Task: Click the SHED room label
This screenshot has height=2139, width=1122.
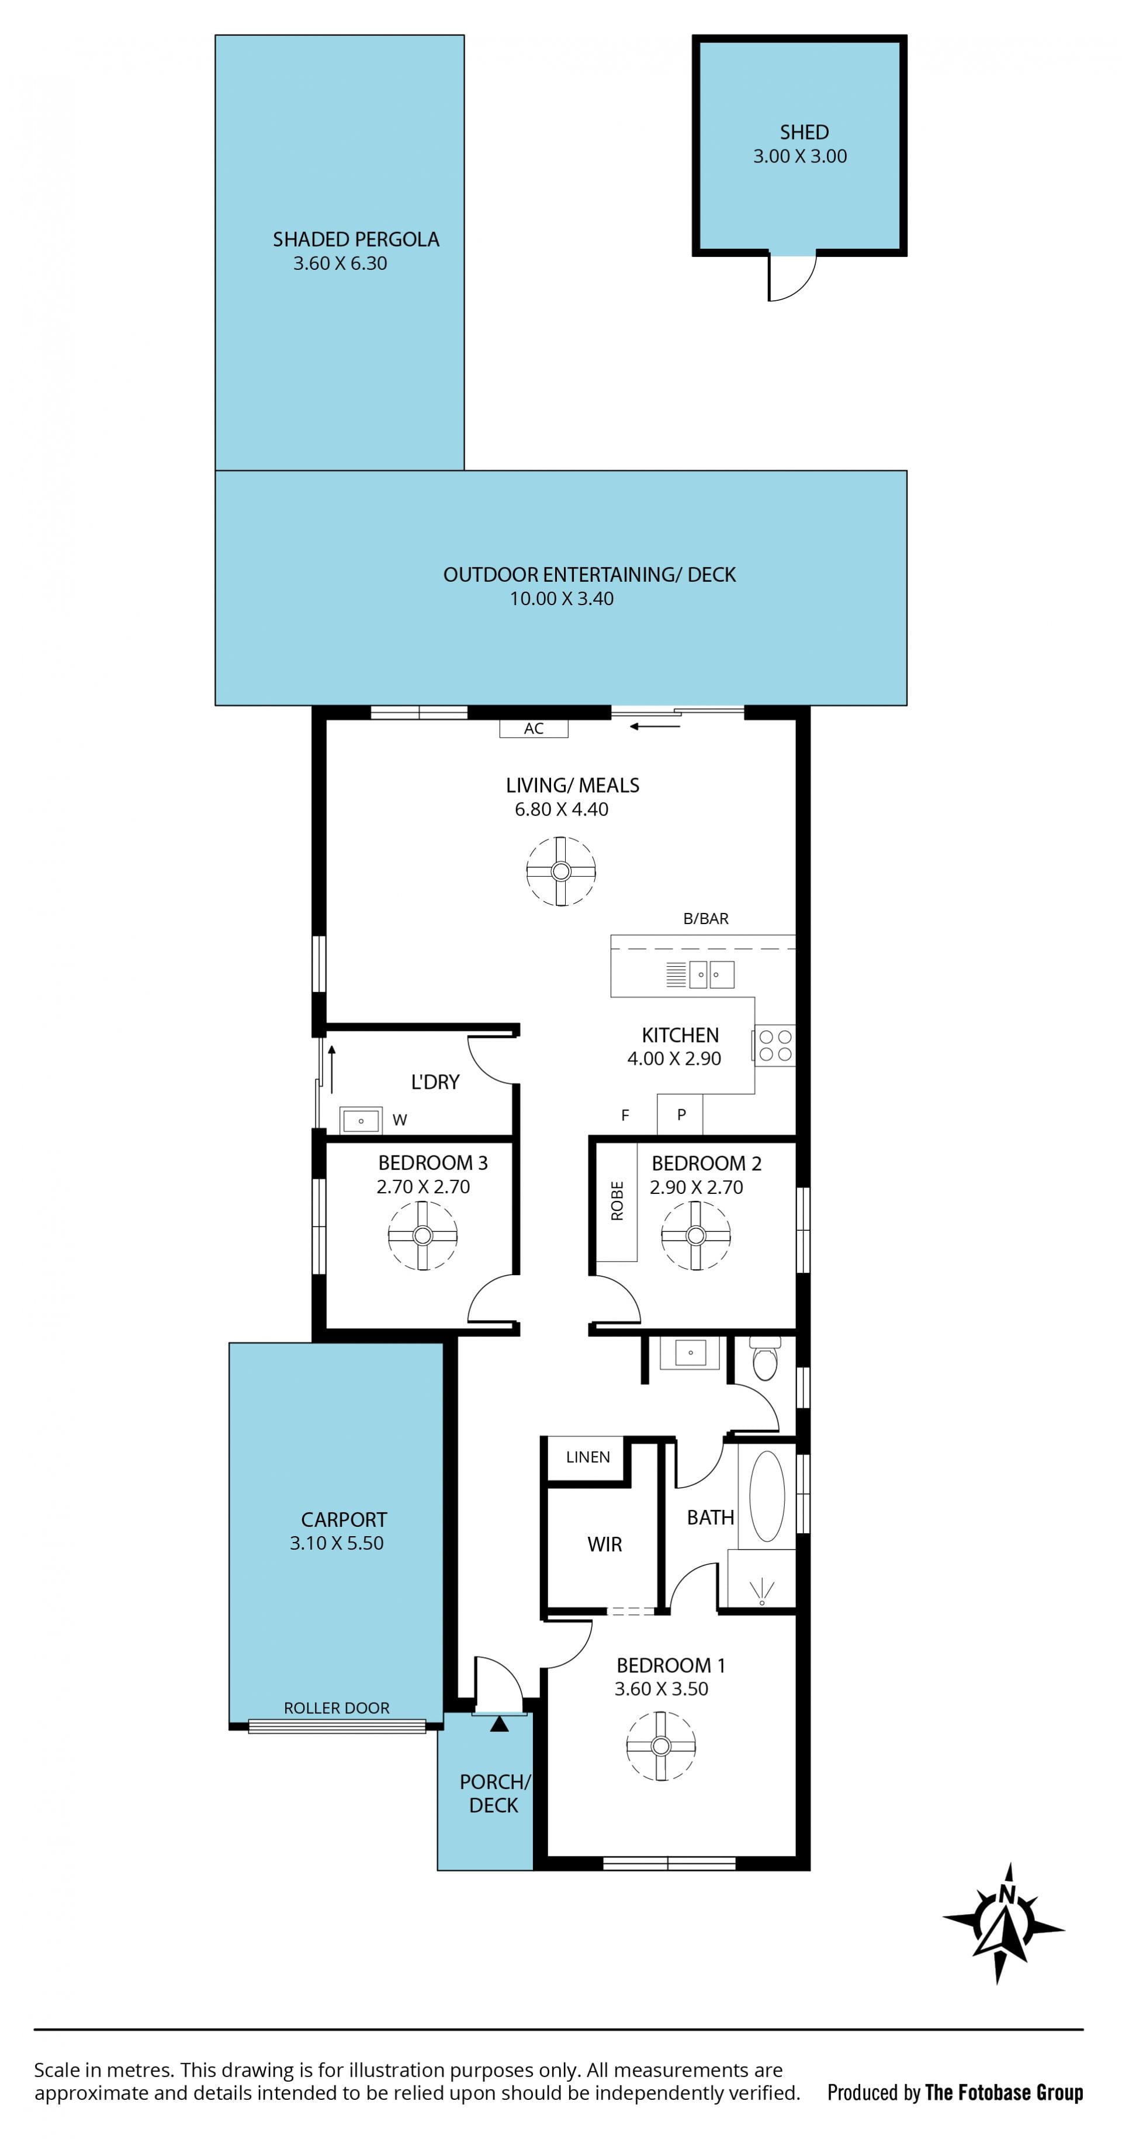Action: coord(803,132)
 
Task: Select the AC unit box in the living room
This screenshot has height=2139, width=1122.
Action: coord(533,728)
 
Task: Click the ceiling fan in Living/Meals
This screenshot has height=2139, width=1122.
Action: coord(560,871)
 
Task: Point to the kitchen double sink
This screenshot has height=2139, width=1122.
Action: coord(712,974)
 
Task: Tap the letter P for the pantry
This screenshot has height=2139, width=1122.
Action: coord(681,1114)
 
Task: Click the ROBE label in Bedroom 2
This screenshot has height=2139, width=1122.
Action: coord(617,1201)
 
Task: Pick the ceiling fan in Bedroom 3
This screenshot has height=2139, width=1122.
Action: coord(423,1235)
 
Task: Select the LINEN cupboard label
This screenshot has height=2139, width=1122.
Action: coord(588,1456)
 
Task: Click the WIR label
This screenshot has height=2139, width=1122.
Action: coord(605,1544)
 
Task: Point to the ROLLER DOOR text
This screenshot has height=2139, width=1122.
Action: coord(337,1702)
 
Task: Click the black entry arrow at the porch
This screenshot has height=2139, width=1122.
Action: coord(499,1725)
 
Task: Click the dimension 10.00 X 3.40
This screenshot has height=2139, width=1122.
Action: coord(562,599)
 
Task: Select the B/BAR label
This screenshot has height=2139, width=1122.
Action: coord(706,918)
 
